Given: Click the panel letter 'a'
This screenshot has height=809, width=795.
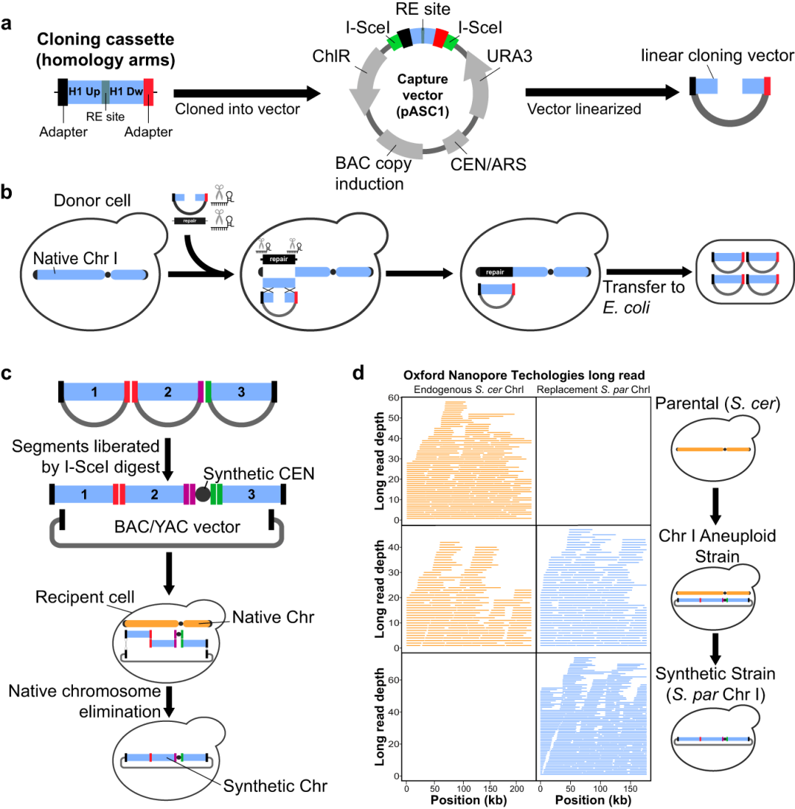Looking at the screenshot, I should click(x=9, y=22).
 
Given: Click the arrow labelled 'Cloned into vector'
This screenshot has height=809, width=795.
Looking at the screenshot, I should click(x=246, y=93).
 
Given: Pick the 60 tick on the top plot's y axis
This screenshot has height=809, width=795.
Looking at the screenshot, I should click(x=392, y=397).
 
